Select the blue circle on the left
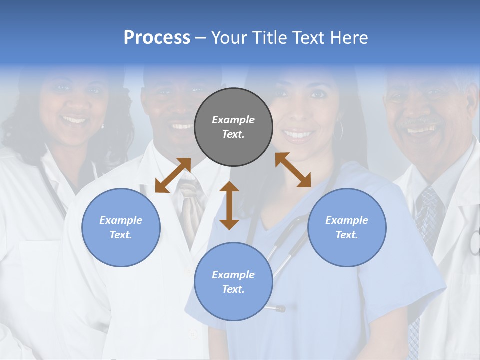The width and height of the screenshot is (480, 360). click(121, 227)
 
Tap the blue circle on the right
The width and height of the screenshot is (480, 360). click(347, 227)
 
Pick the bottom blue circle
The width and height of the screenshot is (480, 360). click(233, 281)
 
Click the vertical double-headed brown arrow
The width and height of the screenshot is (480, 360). click(229, 205)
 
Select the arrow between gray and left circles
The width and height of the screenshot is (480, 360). click(173, 175)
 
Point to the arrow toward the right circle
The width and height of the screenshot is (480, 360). click(293, 170)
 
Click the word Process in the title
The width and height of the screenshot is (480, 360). click(157, 37)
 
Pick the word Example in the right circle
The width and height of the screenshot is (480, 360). click(346, 220)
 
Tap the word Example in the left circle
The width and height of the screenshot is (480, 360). click(120, 220)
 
